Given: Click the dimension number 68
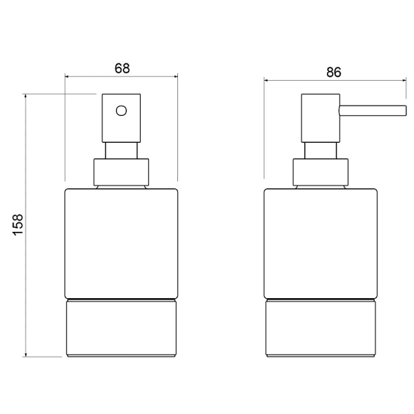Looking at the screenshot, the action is (122, 68).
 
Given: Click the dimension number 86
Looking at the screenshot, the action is (334, 72).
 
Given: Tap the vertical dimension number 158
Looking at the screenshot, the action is (18, 224).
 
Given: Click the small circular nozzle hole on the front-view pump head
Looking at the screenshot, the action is (121, 110).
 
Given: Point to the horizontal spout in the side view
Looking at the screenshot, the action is (373, 110).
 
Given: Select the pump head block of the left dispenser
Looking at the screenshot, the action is (121, 118).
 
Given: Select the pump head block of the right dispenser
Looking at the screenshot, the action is (321, 118).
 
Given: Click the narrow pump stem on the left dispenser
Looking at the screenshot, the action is (121, 150).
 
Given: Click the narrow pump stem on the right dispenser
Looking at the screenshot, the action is (321, 150).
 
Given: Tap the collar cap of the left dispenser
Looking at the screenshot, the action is (121, 172).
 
